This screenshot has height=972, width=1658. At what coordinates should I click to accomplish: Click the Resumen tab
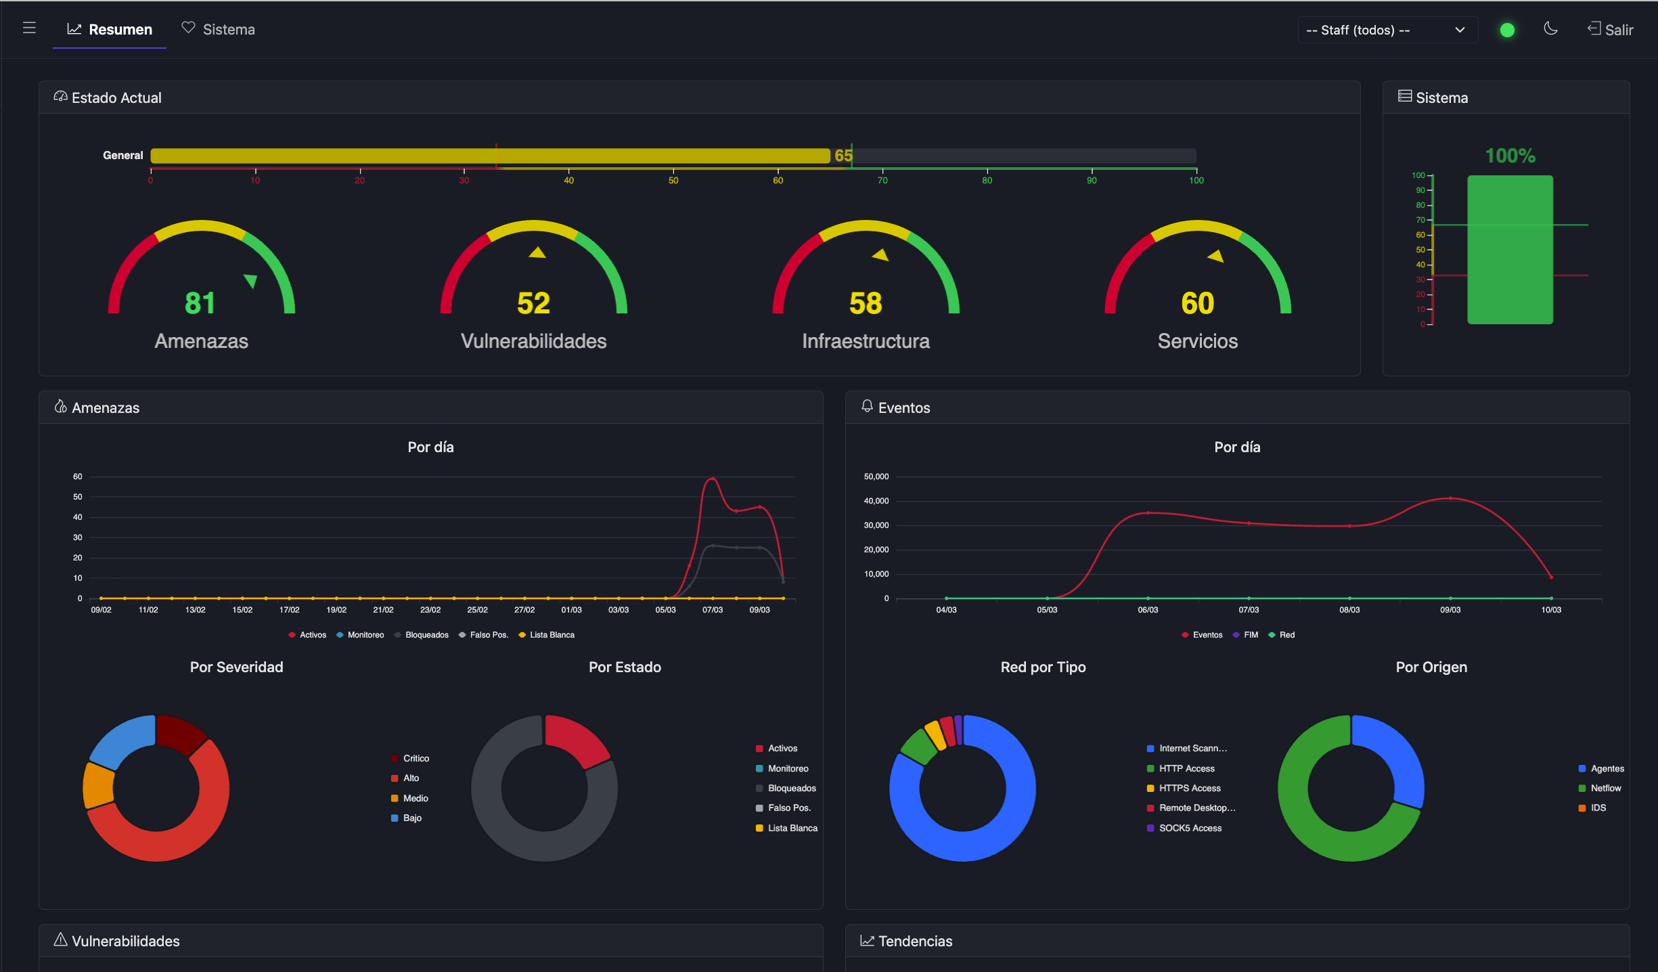click(110, 30)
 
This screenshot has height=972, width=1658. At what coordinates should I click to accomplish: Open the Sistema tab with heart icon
click(219, 30)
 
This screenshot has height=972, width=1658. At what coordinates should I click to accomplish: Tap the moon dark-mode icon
click(1550, 29)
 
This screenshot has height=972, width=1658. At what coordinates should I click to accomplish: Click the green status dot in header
click(1507, 30)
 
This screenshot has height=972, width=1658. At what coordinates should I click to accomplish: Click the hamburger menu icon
click(29, 28)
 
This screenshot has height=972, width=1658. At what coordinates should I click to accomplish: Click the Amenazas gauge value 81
click(200, 303)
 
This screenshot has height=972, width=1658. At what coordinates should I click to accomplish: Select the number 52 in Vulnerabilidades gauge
click(533, 303)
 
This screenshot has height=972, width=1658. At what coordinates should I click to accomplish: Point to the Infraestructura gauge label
click(866, 341)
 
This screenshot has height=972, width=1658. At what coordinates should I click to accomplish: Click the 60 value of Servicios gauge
click(1197, 303)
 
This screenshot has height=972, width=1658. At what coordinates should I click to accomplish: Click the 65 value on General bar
click(843, 156)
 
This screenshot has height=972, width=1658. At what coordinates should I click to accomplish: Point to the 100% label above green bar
click(1510, 156)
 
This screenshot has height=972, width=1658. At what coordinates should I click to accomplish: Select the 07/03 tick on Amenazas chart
click(712, 610)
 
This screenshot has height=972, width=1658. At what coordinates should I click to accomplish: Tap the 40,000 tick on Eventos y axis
click(876, 501)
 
